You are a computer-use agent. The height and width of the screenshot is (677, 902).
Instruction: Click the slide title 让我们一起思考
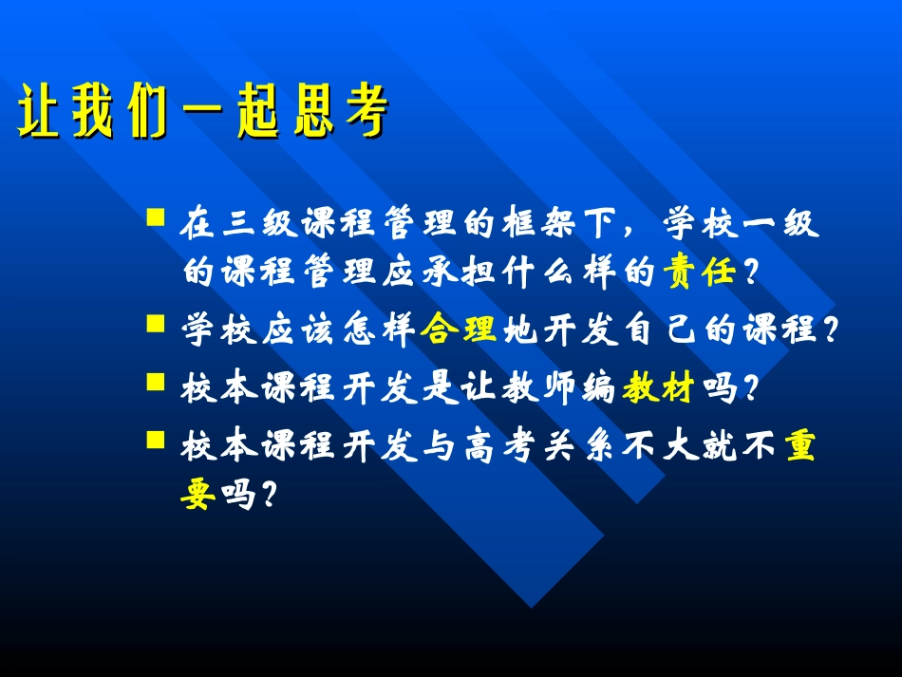[202, 116]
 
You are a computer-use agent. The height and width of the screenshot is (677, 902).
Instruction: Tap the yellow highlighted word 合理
[459, 330]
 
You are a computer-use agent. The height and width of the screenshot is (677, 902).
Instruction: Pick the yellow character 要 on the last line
[197, 494]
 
